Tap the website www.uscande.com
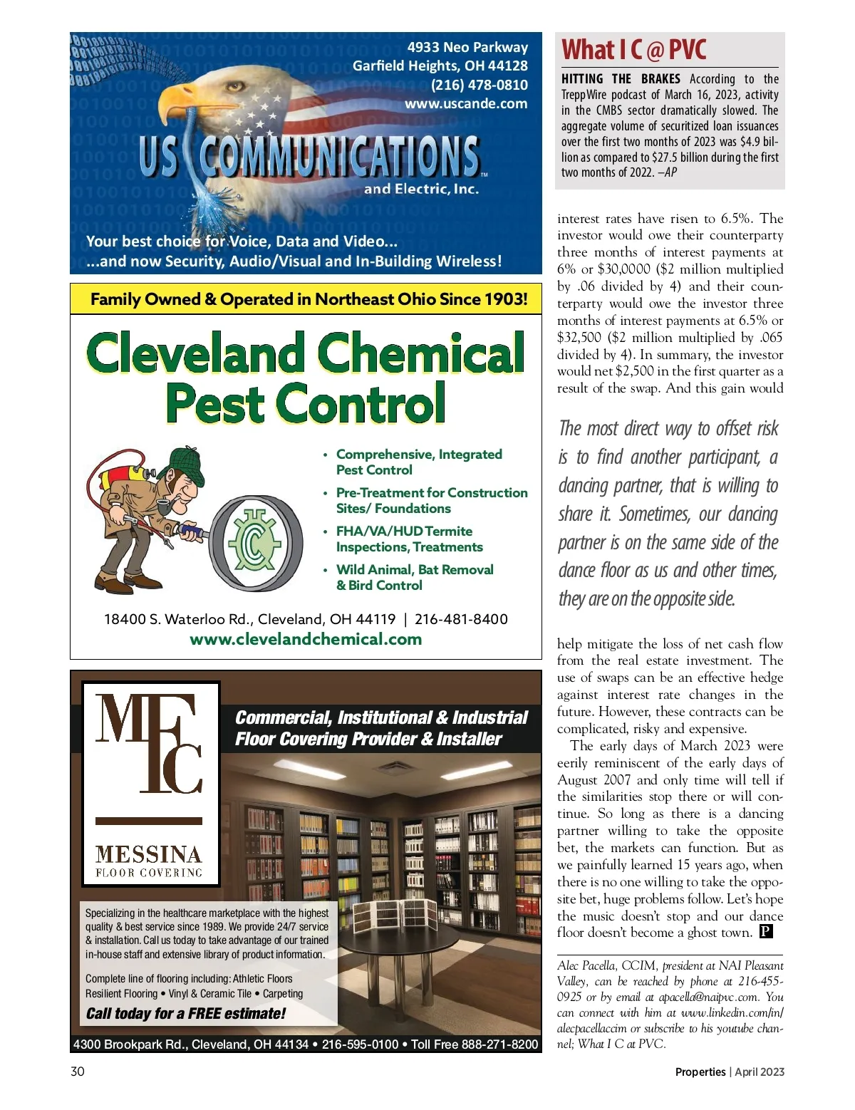point(466,104)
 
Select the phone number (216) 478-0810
point(480,85)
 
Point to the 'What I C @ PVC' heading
point(633,50)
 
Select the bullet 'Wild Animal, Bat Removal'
point(415,569)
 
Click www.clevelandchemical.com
point(306,639)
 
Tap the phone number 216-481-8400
point(461,619)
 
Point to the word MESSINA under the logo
point(149,854)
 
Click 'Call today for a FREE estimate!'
point(185,1014)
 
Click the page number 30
point(78,1072)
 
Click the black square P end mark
point(766,931)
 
